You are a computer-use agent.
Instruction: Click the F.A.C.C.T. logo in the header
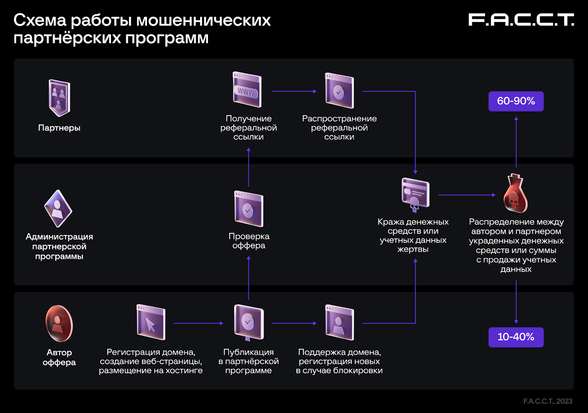[521, 20]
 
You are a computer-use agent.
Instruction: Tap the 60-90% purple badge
[516, 101]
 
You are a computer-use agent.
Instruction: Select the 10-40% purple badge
[516, 337]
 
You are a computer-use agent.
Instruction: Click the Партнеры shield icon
[59, 98]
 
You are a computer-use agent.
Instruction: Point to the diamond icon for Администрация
[58, 209]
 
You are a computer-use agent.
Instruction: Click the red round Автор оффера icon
[59, 324]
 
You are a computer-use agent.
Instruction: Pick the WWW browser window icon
[247, 90]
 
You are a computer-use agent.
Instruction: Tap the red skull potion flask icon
[515, 193]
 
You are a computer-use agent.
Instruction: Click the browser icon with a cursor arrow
[151, 322]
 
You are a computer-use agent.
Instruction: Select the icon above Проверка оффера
[249, 209]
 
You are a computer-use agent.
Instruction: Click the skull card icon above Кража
[415, 194]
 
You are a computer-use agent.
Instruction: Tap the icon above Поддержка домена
[339, 322]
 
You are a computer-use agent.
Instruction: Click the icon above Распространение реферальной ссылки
[339, 91]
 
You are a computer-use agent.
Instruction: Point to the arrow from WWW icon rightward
[294, 91]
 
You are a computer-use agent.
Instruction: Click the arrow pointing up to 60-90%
[516, 142]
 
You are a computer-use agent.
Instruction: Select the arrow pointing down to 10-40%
[516, 302]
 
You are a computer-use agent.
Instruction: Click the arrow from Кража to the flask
[467, 195]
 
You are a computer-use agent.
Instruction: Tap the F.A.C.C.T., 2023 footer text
[548, 401]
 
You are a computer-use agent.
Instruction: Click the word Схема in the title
[40, 20]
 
